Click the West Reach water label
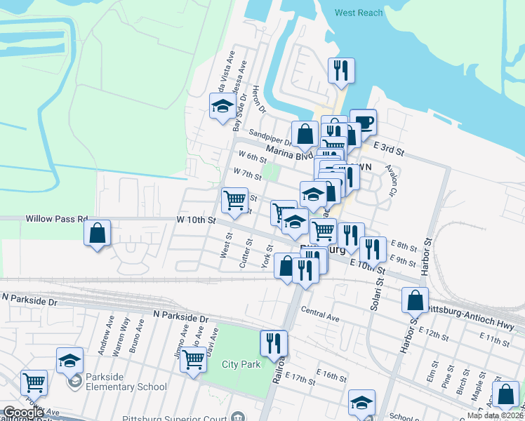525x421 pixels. (x=358, y=13)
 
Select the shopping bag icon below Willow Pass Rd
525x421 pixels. (x=98, y=233)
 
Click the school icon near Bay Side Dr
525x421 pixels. (x=222, y=106)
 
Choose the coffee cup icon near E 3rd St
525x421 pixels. (x=363, y=122)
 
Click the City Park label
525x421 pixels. (x=241, y=364)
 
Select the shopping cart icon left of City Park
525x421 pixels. (x=194, y=360)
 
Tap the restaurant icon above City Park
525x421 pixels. (x=273, y=342)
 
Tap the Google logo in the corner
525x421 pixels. (x=23, y=413)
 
